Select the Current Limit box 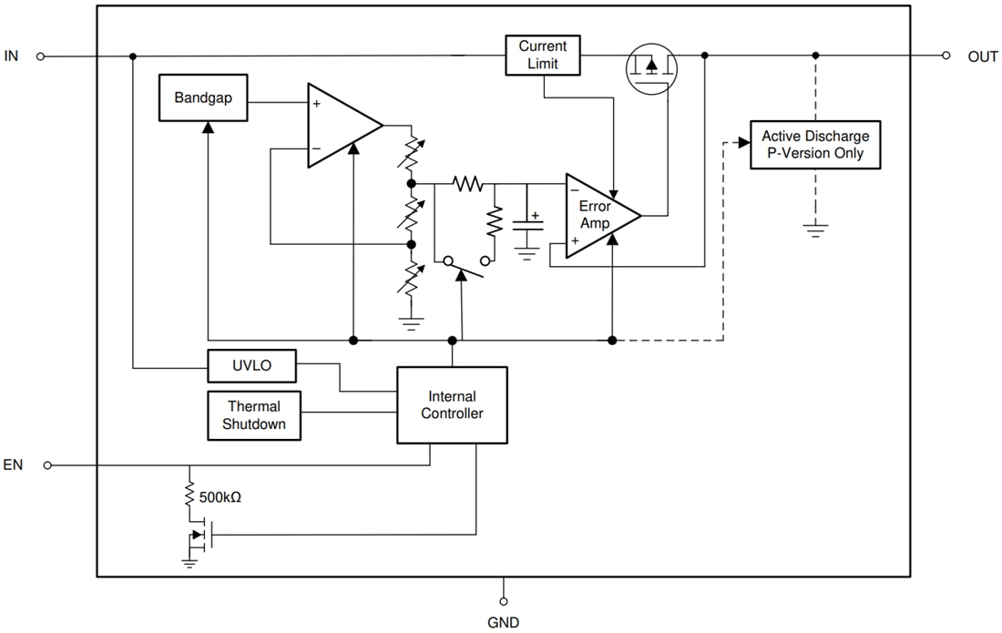coord(542,56)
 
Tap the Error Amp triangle coord(598,216)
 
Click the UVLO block coord(251,366)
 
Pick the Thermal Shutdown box coord(254,415)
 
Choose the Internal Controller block coord(452,405)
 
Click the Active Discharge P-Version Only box coord(815,145)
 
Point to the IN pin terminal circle coord(40,56)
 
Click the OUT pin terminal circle coord(947,56)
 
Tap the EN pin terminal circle coord(47,465)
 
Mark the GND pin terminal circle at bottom coord(503,601)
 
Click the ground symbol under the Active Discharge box coord(816,230)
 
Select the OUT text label coord(983,56)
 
